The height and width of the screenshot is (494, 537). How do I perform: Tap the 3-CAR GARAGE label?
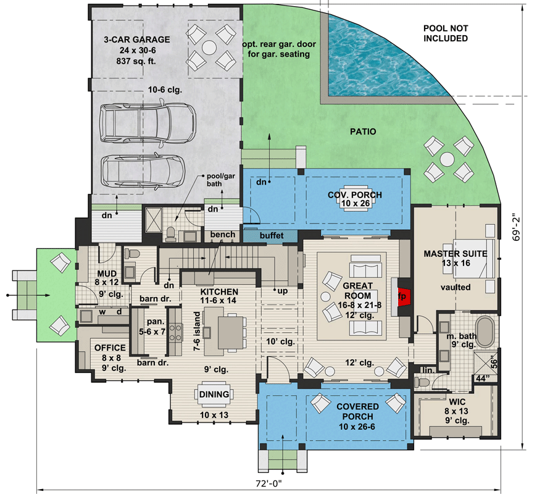point(137,40)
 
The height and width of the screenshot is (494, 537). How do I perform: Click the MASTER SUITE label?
point(456,253)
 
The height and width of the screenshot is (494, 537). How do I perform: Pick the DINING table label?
point(214,394)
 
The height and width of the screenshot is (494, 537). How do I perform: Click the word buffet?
point(272,235)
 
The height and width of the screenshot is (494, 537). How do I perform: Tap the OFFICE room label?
point(110,348)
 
